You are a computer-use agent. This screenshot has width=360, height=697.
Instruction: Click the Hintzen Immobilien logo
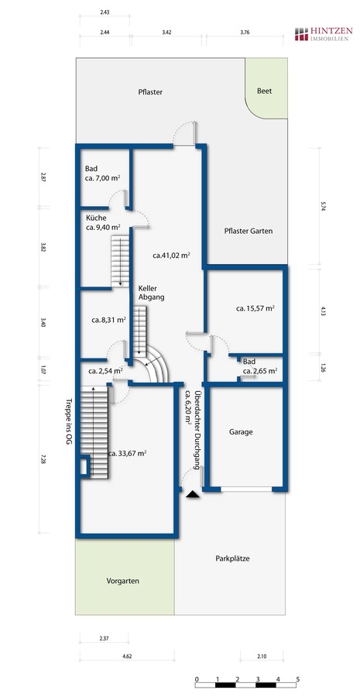click(324, 34)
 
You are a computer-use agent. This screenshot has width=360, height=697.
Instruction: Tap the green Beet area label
click(264, 91)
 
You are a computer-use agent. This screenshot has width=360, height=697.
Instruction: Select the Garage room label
click(241, 431)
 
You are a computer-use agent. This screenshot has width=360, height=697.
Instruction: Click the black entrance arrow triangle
click(193, 493)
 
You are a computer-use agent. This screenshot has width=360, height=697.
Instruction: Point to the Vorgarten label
click(122, 581)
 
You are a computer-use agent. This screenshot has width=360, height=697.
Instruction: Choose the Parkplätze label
click(232, 558)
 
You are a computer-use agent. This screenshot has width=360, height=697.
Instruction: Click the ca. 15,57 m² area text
click(255, 307)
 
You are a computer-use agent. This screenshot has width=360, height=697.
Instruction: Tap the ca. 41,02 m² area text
click(172, 255)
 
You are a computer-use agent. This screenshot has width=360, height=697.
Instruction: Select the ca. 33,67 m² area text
click(128, 453)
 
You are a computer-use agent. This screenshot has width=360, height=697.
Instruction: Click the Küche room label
click(96, 218)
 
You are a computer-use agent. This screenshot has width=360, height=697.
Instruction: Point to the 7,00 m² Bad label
click(103, 173)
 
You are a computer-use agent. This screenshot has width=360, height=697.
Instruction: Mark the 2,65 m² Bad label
click(260, 366)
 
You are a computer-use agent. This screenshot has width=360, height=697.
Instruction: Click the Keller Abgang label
click(151, 293)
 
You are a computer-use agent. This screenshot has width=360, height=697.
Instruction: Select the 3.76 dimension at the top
click(245, 33)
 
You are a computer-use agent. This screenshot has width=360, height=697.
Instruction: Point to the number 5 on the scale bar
click(298, 678)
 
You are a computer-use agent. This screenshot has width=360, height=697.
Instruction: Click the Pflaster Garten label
click(249, 231)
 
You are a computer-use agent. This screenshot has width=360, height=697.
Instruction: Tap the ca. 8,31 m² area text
click(109, 319)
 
